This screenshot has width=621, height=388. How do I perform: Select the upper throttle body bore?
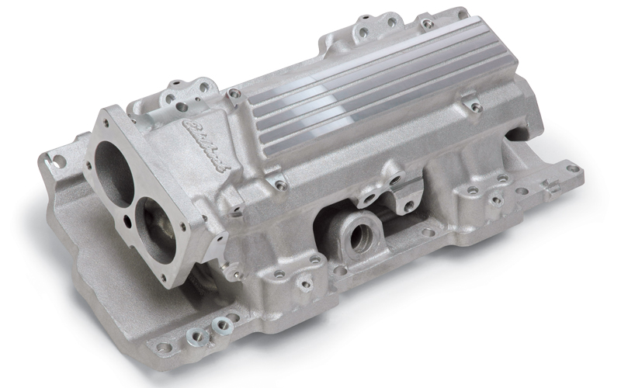(118, 168)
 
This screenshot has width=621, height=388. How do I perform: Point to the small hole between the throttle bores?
(127, 204)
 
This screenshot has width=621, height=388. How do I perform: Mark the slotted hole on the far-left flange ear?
(57, 161)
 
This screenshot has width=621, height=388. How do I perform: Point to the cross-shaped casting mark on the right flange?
(550, 187)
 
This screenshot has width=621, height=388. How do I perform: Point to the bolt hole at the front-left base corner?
(164, 348)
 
